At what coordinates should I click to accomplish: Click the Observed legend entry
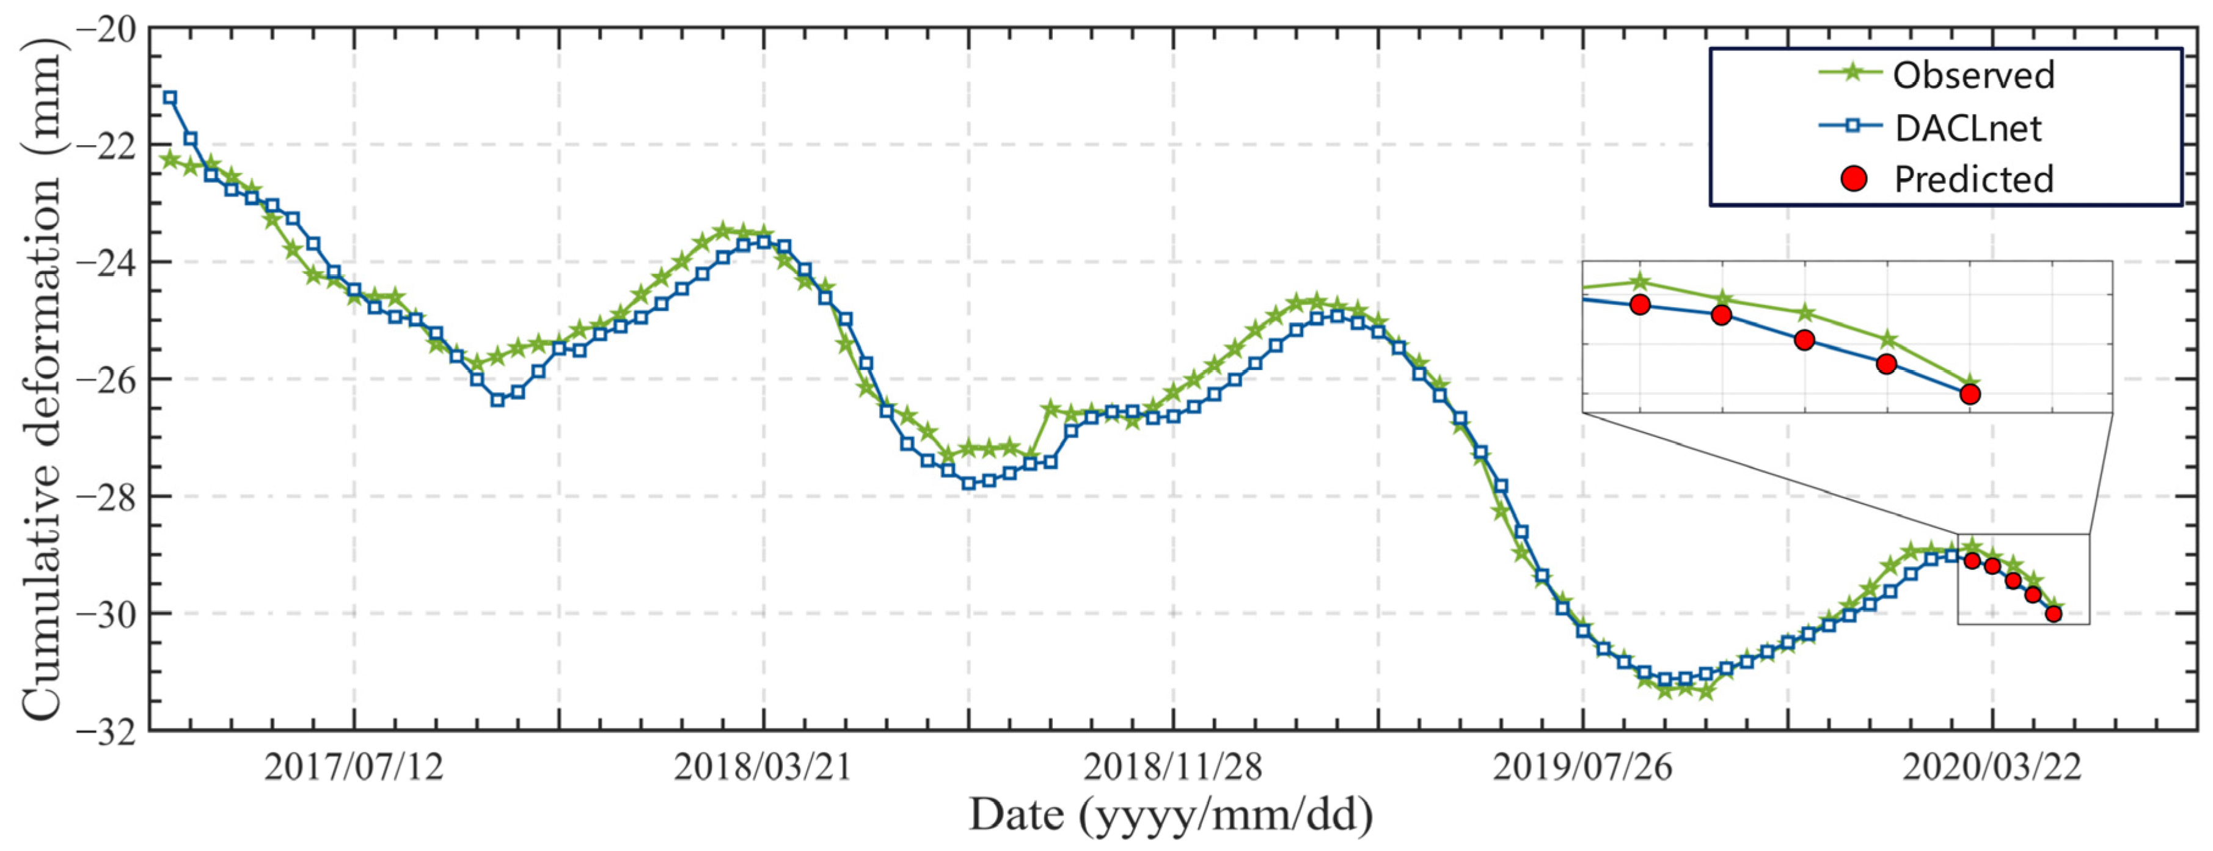pos(1972,76)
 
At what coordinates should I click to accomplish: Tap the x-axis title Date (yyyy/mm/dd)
pos(1171,814)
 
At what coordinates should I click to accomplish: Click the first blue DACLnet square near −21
pos(170,98)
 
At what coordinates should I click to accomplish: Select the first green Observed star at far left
pos(170,159)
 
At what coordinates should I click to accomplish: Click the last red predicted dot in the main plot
pos(2053,613)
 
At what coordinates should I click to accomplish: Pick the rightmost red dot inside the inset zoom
pos(1970,394)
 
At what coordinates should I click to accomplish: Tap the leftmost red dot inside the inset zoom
pos(1640,304)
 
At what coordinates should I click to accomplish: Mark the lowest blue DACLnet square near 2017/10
pos(497,400)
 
